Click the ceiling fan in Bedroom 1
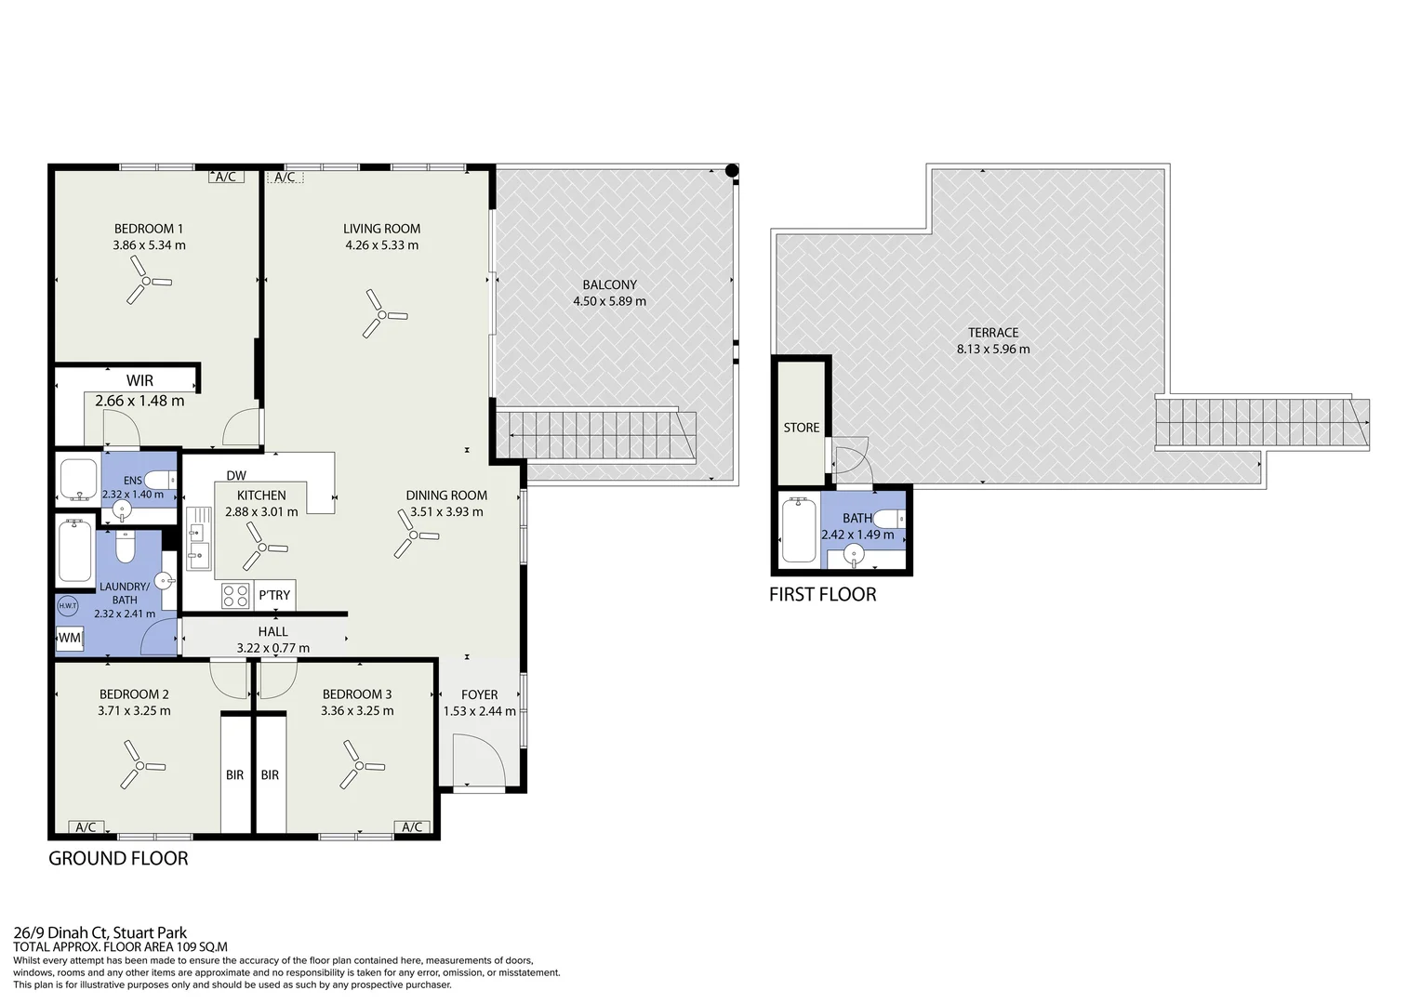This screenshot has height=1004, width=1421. point(147,281)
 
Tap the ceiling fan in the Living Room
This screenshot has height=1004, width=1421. point(382,314)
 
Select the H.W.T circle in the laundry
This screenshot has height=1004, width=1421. point(68,606)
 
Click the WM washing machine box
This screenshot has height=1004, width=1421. point(70,638)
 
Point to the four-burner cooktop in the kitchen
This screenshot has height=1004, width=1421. point(235,596)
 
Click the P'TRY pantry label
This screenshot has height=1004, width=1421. point(274,595)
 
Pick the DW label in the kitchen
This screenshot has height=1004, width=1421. point(236,475)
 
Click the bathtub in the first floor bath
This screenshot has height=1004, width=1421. point(799,531)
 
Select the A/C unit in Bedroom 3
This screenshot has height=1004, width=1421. point(412,826)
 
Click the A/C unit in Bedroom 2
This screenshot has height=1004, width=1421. point(86,826)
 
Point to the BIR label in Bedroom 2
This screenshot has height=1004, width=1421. point(234,774)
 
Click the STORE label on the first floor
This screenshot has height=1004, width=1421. point(802,428)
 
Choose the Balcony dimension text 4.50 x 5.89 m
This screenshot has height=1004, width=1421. point(610,301)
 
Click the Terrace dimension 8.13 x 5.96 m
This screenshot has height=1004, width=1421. point(993,349)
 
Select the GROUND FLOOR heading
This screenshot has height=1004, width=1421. point(119,858)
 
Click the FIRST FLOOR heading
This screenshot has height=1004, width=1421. point(823,594)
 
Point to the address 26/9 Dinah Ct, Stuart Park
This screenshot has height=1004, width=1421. point(100,933)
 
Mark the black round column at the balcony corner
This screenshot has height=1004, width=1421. point(732,170)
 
